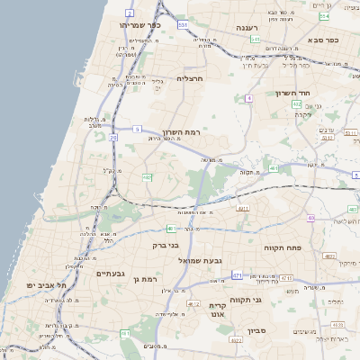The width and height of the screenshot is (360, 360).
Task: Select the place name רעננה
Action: [248, 28]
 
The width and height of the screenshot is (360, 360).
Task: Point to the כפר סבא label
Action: [320, 40]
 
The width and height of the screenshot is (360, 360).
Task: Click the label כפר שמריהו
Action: [139, 25]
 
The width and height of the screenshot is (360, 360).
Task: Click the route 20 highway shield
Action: [113, 138]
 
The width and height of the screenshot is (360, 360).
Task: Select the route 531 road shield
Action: [183, 25]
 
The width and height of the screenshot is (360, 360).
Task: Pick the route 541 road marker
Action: [256, 40]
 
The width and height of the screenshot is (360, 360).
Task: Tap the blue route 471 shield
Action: [237, 275]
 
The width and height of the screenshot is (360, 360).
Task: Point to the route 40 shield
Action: [310, 218]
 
